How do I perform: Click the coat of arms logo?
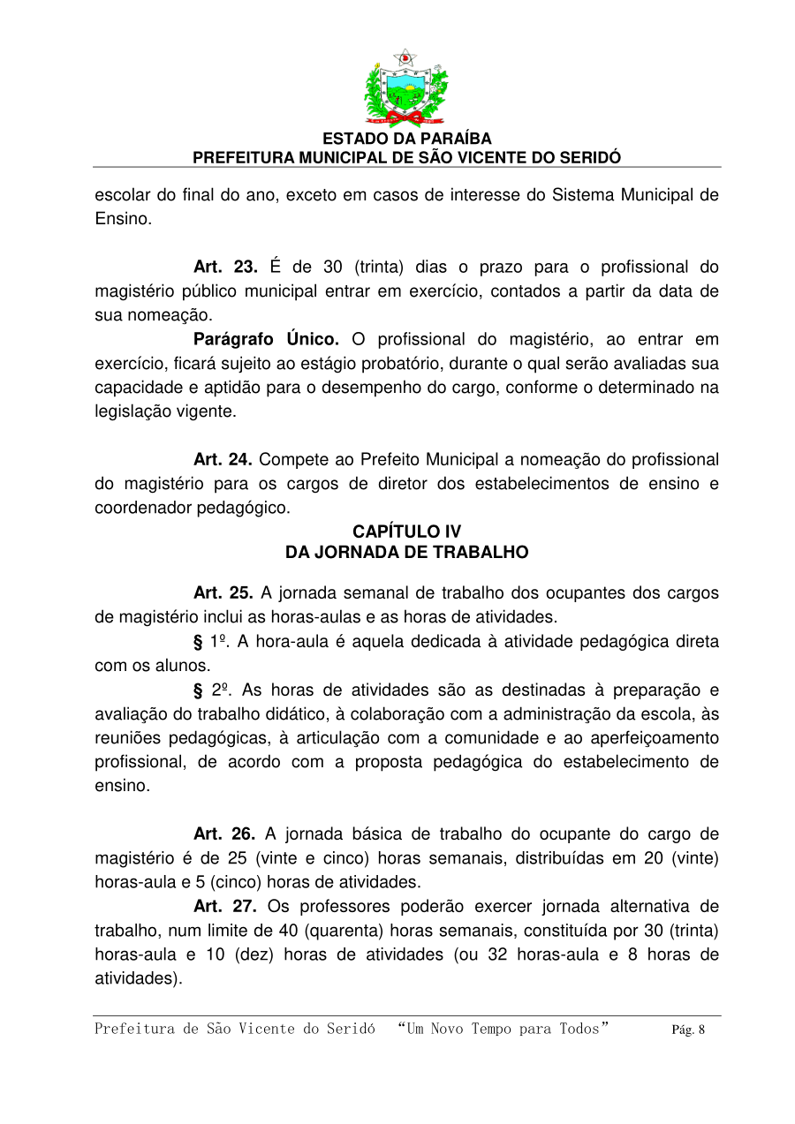pyautogui.click(x=406, y=88)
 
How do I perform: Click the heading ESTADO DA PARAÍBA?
pyautogui.click(x=406, y=140)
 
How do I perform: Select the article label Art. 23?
pyautogui.click(x=225, y=268)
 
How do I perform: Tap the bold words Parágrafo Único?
pyautogui.click(x=266, y=340)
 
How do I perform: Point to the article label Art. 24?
pyautogui.click(x=223, y=460)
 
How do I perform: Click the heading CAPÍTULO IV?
pyautogui.click(x=406, y=532)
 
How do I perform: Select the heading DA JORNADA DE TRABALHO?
pyautogui.click(x=406, y=553)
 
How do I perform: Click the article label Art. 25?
pyautogui.click(x=223, y=593)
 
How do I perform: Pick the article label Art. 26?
pyautogui.click(x=224, y=834)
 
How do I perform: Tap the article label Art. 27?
pyautogui.click(x=224, y=907)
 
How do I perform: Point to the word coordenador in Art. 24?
pyautogui.click(x=139, y=509)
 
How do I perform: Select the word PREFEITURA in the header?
pyautogui.click(x=240, y=158)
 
